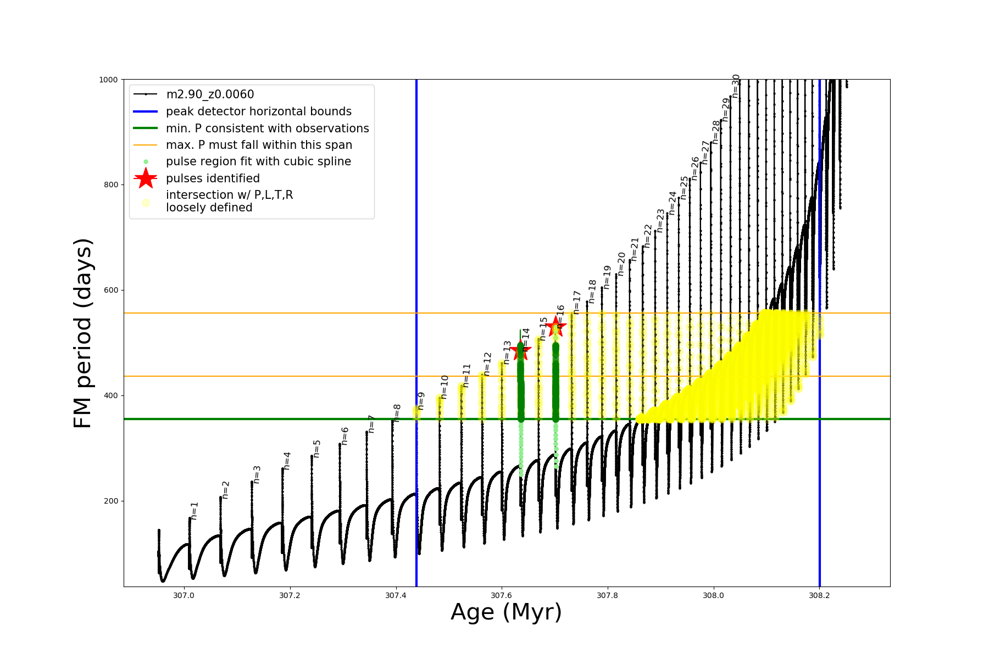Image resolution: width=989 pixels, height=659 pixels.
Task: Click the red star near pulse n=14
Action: click(520, 350)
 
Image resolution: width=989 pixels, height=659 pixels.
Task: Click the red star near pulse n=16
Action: click(555, 326)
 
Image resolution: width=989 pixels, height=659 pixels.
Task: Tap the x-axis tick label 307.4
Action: click(396, 595)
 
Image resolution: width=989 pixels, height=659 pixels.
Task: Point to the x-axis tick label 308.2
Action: click(819, 595)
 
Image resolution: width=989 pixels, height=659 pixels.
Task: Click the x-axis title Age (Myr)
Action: click(506, 612)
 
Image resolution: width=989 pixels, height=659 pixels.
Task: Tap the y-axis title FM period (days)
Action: click(82, 333)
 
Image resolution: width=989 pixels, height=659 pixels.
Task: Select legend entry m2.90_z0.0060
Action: click(210, 94)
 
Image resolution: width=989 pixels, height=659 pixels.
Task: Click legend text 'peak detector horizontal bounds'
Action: click(258, 111)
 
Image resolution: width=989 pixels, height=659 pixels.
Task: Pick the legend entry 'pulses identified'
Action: click(213, 178)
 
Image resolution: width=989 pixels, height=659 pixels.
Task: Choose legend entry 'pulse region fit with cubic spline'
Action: click(258, 161)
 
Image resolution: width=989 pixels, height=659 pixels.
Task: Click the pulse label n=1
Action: click(194, 511)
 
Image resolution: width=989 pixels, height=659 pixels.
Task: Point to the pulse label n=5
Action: click(316, 449)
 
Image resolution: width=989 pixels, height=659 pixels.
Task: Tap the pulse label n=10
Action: click(445, 387)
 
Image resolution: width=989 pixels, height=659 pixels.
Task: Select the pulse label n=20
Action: click(621, 264)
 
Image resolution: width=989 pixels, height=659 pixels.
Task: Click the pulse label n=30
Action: click(736, 86)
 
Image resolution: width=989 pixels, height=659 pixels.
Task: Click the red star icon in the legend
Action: click(146, 178)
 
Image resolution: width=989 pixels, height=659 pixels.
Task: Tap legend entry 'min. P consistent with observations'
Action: click(267, 129)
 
